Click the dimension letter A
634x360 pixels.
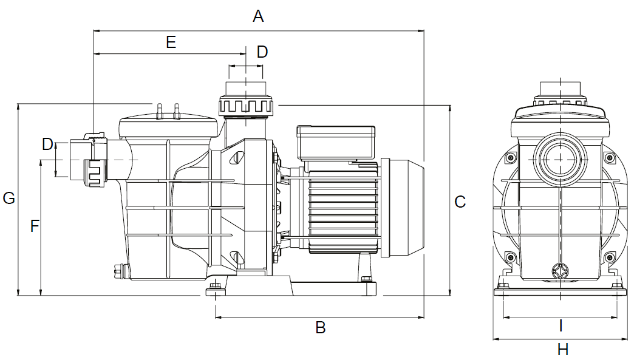point(258,16)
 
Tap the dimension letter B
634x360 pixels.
point(320,328)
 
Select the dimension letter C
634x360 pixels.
point(460,202)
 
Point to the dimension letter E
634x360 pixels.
point(171,42)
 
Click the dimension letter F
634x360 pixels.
point(35,226)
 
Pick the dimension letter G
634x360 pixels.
point(9,199)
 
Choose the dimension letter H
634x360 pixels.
point(563,350)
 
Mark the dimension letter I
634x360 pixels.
point(561,326)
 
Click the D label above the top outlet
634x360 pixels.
point(262,52)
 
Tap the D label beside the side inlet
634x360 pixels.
point(47,144)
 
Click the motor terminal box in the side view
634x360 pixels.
point(335,143)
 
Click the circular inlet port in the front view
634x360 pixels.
point(559,160)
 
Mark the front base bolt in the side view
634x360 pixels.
point(214,288)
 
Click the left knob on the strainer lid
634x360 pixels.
point(158,112)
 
